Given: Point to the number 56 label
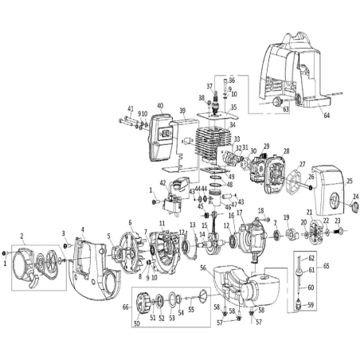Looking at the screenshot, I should coord(203,268).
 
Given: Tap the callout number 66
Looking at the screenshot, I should coord(126,307).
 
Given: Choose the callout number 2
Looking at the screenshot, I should coord(22,237).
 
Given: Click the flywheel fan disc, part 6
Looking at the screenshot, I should coord(126,243).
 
